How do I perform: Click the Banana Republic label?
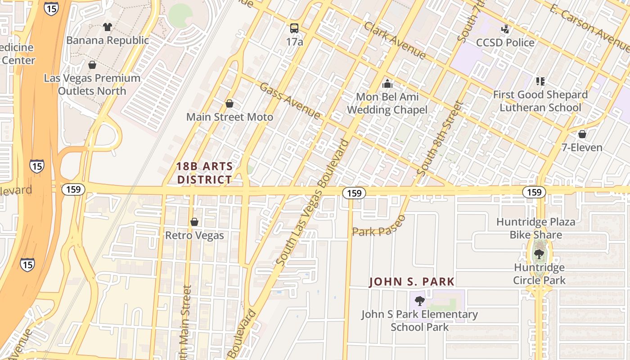click(107, 40)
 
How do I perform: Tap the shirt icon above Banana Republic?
click(107, 27)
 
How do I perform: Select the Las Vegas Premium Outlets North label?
click(92, 84)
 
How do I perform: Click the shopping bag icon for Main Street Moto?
click(229, 104)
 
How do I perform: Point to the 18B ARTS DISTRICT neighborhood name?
click(205, 173)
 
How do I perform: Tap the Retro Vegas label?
click(194, 235)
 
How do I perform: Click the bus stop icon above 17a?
click(294, 28)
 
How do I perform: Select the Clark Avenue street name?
click(395, 40)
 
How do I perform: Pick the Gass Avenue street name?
click(290, 101)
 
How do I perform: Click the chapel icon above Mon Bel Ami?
click(387, 84)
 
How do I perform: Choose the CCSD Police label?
click(506, 43)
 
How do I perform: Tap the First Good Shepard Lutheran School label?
click(540, 101)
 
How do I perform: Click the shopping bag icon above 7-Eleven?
click(582, 134)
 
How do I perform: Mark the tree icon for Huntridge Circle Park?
click(539, 254)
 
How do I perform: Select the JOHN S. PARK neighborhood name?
click(412, 282)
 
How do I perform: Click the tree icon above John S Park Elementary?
click(419, 301)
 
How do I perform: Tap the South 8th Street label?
click(440, 139)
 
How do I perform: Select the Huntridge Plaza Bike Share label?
click(535, 228)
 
